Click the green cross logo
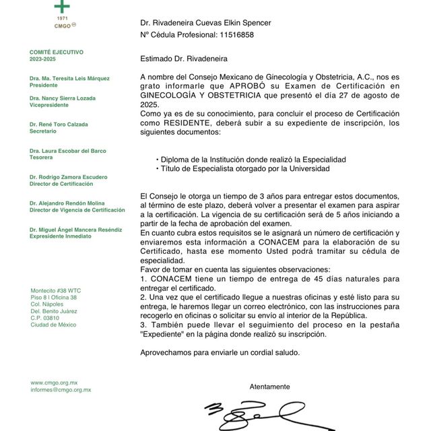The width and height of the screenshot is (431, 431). [x=62, y=7]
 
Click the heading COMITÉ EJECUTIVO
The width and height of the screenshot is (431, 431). [x=57, y=52]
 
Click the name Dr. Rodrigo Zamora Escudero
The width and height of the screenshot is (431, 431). [x=68, y=177]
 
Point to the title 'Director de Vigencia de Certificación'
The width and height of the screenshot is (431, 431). [x=77, y=210]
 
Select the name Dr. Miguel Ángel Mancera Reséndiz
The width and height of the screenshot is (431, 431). [x=75, y=230]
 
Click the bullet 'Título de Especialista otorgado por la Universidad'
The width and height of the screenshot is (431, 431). [x=242, y=169]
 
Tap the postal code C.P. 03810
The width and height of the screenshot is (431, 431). [x=44, y=317]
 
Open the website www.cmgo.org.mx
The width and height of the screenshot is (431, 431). [x=54, y=383]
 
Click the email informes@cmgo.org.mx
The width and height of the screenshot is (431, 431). [x=61, y=390]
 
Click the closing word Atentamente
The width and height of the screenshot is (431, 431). [x=269, y=387]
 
